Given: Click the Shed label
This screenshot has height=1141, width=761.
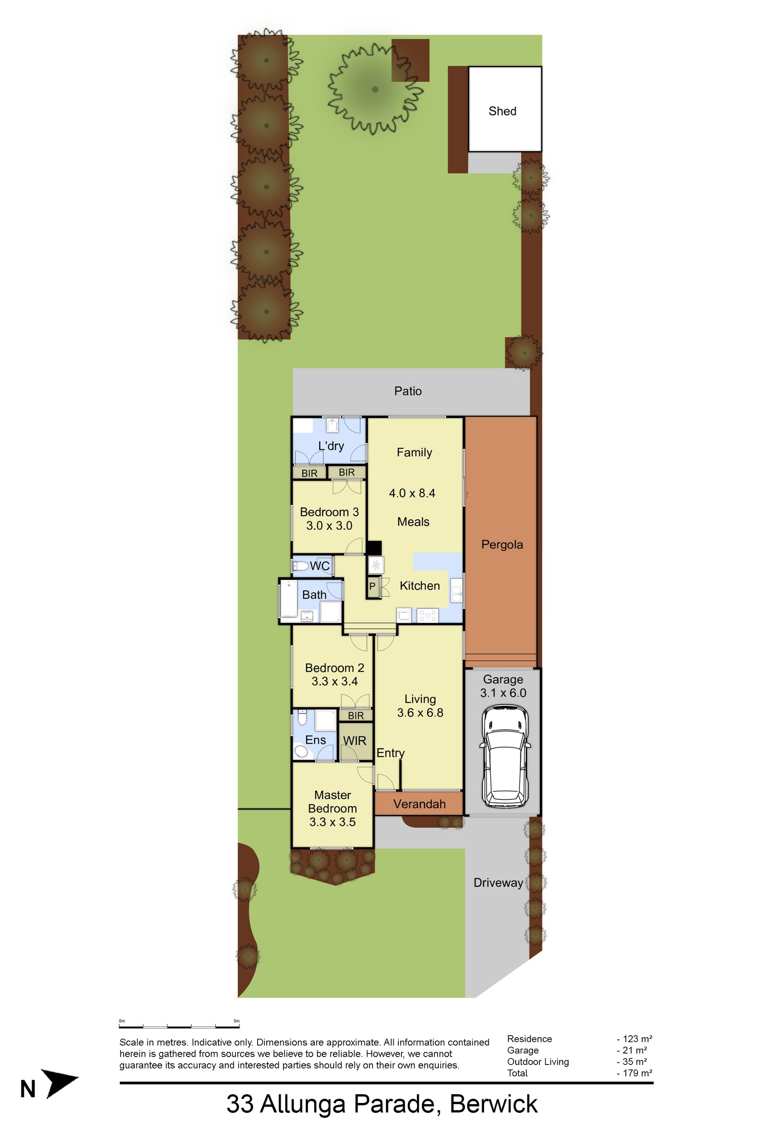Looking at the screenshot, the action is (x=502, y=111).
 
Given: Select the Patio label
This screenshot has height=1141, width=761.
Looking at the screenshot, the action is (x=408, y=391).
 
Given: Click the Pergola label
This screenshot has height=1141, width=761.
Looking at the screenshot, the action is (x=502, y=545).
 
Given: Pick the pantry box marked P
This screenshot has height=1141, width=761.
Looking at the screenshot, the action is (x=372, y=586).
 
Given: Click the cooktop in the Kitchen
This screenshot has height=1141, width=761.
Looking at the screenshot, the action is (x=428, y=616).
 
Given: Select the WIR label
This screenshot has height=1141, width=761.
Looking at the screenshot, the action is (x=355, y=741).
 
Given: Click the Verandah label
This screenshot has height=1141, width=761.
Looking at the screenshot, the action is (x=419, y=804).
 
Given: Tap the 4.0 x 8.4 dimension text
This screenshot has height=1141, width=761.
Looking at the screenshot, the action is (x=412, y=493).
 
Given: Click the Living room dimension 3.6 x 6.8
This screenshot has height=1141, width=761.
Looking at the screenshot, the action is (x=420, y=713).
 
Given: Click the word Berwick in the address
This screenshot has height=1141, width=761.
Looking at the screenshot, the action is (x=493, y=1104).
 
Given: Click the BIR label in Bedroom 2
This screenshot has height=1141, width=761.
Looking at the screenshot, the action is (x=356, y=716).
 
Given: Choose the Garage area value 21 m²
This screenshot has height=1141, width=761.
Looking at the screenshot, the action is (x=632, y=1050).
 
